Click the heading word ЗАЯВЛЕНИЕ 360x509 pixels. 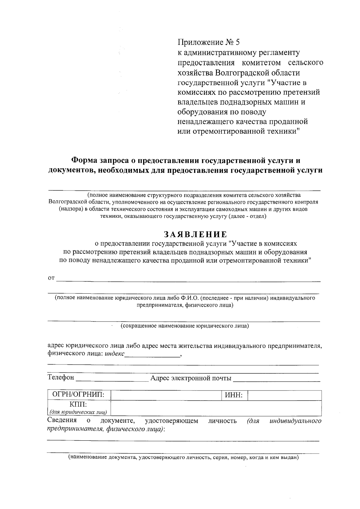tap(195, 234)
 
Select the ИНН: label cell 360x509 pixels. tap(234, 395)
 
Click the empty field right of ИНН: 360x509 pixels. tap(284, 395)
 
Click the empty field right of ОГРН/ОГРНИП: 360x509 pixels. tap(166, 395)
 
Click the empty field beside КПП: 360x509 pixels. tap(216, 408)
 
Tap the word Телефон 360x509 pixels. tap(61, 378)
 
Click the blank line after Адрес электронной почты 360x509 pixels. tap(276, 379)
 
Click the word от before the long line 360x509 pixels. tap(51, 278)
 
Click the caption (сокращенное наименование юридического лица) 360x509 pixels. tap(184, 325)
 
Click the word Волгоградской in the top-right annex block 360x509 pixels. tap(241, 73)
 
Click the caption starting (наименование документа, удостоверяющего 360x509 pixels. tap(183, 457)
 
